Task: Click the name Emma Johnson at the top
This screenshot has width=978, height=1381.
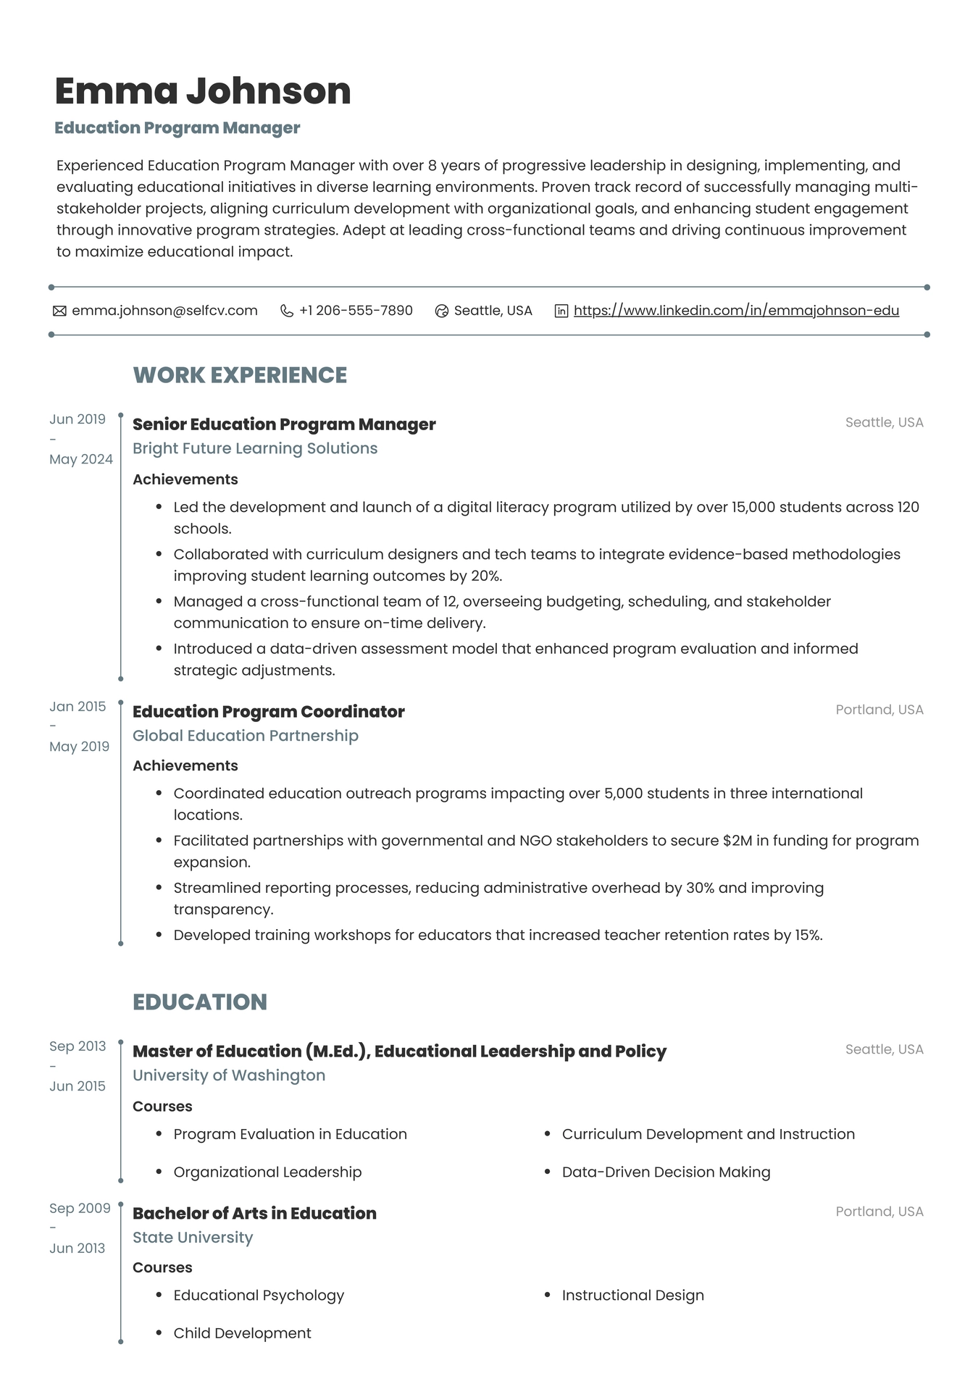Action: (203, 91)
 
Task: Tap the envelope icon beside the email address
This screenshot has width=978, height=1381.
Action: (59, 311)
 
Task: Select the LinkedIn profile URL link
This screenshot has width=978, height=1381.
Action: (736, 311)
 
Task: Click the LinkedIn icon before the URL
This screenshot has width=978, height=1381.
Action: (561, 311)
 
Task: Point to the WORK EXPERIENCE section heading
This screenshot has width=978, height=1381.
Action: (240, 375)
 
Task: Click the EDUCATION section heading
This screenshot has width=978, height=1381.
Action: (200, 1002)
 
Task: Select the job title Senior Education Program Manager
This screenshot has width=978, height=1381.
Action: (284, 424)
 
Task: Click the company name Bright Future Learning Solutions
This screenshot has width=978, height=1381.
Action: (255, 448)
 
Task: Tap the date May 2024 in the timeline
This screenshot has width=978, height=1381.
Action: (81, 459)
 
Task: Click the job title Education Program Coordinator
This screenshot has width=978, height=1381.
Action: (268, 712)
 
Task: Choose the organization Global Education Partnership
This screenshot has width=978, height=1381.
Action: (246, 736)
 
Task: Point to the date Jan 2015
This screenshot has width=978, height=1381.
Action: (78, 707)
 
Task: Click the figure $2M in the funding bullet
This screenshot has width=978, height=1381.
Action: (737, 841)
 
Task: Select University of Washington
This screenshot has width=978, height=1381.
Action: (229, 1075)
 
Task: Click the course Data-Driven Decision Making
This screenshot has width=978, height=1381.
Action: (666, 1172)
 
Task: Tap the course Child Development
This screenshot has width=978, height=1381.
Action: (242, 1334)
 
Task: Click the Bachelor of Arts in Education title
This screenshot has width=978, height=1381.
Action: (254, 1214)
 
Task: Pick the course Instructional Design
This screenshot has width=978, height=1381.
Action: (632, 1296)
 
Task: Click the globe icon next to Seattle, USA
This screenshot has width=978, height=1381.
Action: (442, 311)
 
